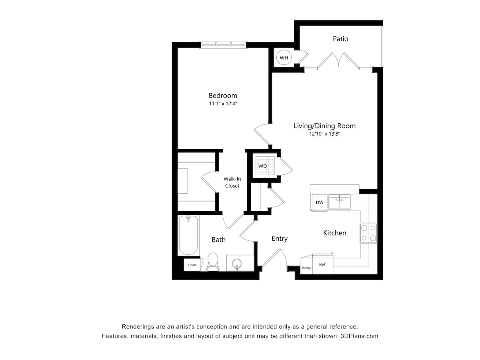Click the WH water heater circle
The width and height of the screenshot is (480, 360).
click(284, 58)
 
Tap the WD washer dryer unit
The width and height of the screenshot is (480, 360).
click(265, 166)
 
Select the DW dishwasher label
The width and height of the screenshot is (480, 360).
click(320, 202)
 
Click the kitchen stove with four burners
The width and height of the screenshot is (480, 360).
click(368, 233)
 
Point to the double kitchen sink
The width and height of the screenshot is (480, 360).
click(339, 202)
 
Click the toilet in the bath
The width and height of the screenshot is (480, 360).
click(213, 262)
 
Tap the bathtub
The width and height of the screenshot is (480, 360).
click(188, 235)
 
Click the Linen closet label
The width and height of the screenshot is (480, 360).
click(192, 265)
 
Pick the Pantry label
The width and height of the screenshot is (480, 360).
click(306, 268)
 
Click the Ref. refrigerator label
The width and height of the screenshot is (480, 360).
click(323, 264)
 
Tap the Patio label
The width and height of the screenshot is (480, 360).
click(340, 39)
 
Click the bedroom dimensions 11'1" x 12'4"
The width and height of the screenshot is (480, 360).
click(223, 104)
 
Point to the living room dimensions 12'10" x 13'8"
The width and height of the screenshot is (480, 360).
click(324, 134)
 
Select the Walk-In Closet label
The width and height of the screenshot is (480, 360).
click(232, 182)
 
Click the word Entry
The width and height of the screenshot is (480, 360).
click(280, 239)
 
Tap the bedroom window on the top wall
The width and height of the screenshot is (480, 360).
click(223, 44)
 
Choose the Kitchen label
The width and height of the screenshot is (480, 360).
click(334, 233)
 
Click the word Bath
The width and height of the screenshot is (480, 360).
click(218, 240)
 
